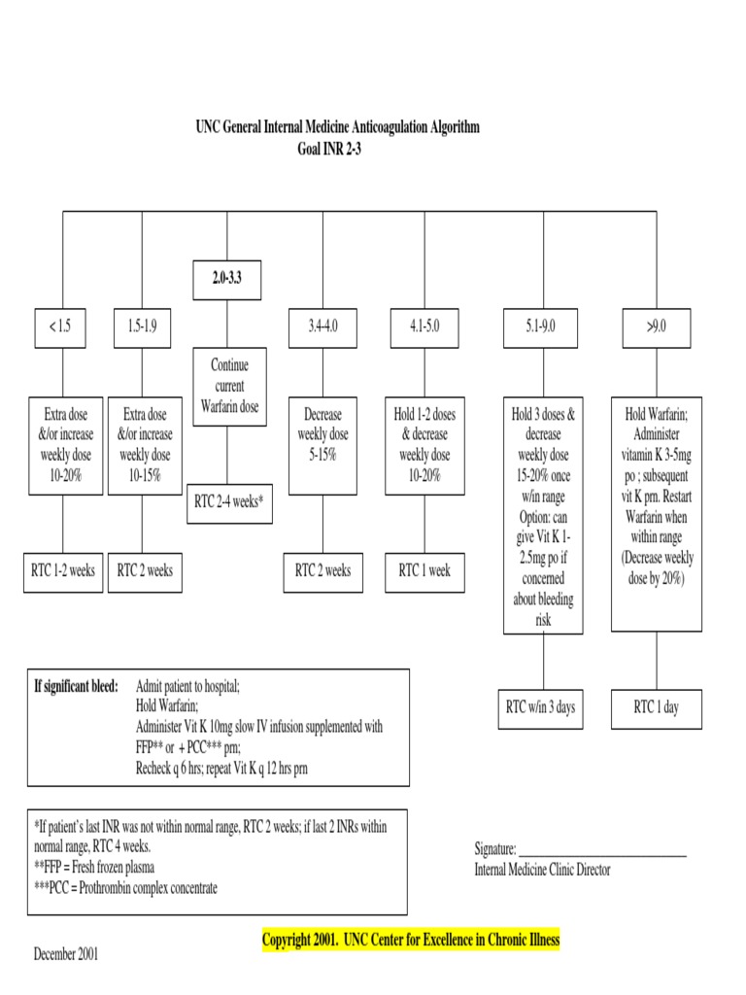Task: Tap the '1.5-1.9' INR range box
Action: coord(142,327)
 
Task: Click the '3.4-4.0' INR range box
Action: coord(324,327)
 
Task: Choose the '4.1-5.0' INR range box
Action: coord(424,327)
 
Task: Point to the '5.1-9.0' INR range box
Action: coord(543,327)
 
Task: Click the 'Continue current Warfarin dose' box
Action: coord(229,386)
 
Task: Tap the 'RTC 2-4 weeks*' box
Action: coord(229,501)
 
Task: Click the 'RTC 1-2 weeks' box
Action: coord(62,570)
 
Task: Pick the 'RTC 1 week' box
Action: coord(424,570)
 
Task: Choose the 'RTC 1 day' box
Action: coord(657,706)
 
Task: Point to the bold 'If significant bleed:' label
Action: coord(76,687)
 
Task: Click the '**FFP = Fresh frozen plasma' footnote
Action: coord(94,866)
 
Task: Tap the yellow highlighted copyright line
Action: coord(411,940)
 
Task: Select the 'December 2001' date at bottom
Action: coord(66,953)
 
